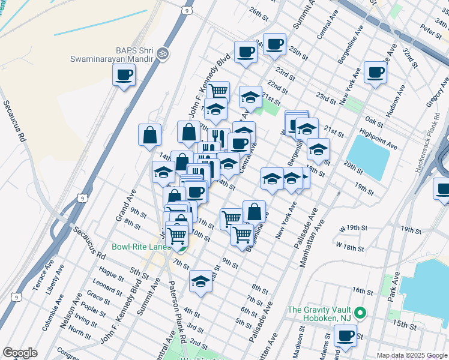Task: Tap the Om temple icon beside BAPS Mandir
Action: coord(161,54)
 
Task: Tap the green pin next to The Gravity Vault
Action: coord(360,313)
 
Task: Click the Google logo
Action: coord(20,353)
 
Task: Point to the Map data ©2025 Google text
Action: coord(412,355)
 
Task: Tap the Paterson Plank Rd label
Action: coord(177,314)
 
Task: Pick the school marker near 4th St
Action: coord(200,281)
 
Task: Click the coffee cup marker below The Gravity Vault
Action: coord(345,336)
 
